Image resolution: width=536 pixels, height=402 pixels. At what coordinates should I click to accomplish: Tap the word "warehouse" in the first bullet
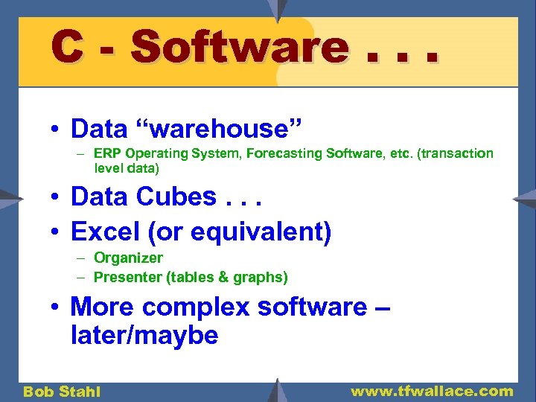[219, 129]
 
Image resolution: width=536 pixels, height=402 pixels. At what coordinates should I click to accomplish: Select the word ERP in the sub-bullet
[108, 153]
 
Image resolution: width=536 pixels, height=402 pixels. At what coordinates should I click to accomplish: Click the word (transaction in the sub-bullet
[454, 153]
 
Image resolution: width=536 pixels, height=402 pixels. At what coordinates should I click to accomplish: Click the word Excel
[104, 232]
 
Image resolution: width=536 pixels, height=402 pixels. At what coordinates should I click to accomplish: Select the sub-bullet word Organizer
[128, 258]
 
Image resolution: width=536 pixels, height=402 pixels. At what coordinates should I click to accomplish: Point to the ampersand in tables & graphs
[221, 277]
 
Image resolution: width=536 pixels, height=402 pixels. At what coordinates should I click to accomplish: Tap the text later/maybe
[144, 336]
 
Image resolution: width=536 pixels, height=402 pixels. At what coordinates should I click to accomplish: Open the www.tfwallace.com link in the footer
[432, 391]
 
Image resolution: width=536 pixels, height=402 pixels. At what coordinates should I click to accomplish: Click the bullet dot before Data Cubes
[56, 198]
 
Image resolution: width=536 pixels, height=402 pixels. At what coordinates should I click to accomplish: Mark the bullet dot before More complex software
[56, 307]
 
